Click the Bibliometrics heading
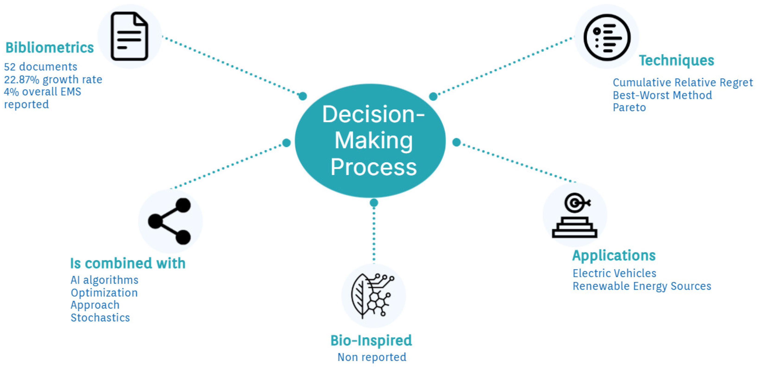(x=49, y=47)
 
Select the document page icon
(x=129, y=36)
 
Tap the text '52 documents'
(x=41, y=67)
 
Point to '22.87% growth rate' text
(x=53, y=79)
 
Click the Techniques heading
(x=676, y=60)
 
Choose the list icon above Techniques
(x=607, y=38)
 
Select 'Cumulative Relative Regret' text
(x=683, y=82)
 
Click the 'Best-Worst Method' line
(x=662, y=95)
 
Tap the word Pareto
(x=629, y=108)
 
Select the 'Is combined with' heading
(x=128, y=263)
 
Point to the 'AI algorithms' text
(x=104, y=280)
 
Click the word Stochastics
(x=100, y=318)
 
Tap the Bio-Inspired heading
(x=371, y=341)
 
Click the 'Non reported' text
(x=372, y=357)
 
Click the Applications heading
(x=614, y=255)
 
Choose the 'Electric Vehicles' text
(x=614, y=273)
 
